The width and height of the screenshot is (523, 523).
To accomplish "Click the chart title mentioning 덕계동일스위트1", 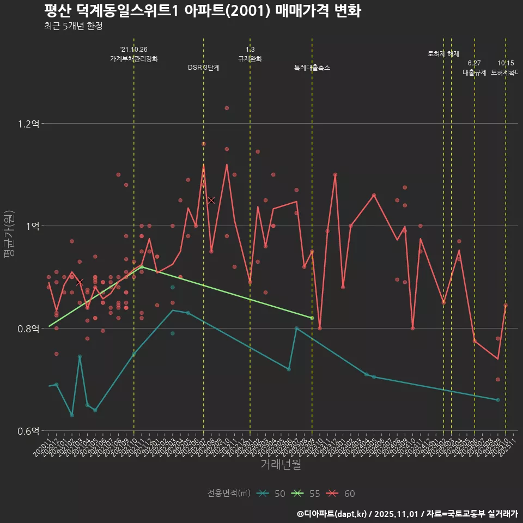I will click(202, 11).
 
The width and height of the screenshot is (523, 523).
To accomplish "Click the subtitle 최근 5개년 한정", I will click(73, 26).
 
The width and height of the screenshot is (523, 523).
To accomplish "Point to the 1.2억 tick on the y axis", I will click(28, 124).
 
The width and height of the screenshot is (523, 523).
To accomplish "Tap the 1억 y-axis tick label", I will click(31, 226).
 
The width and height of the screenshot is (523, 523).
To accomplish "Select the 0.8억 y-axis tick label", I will click(28, 329).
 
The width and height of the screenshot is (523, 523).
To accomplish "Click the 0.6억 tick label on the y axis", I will click(28, 431).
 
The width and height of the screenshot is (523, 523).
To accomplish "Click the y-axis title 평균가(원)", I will click(9, 235).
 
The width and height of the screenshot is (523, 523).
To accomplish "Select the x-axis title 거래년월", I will click(280, 465).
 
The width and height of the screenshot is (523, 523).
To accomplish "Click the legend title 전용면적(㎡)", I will click(229, 494).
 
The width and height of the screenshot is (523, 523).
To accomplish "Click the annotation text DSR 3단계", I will click(204, 68).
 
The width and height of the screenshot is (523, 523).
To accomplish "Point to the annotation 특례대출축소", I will click(312, 68).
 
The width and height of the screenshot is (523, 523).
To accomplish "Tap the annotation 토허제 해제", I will click(443, 54).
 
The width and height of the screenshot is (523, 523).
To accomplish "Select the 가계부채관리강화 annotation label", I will click(134, 58).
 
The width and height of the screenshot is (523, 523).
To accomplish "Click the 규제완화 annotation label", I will click(250, 58).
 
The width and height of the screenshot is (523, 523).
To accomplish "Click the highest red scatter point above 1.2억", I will click(227, 108).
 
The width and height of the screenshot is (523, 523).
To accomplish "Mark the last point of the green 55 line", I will click(312, 318).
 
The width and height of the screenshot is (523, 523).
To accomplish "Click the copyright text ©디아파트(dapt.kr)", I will click(332, 514).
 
